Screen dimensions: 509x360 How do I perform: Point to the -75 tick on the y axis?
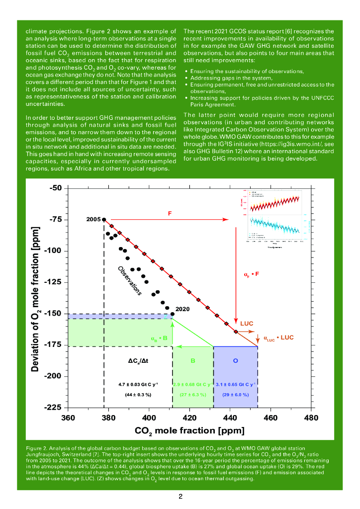pos(55,219)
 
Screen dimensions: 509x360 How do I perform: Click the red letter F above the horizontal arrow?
pos(170,214)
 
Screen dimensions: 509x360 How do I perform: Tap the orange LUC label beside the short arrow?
pos(247,324)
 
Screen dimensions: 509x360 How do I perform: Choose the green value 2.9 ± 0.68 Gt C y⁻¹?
pos(192,384)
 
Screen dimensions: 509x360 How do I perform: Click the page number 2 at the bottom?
pos(180,497)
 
